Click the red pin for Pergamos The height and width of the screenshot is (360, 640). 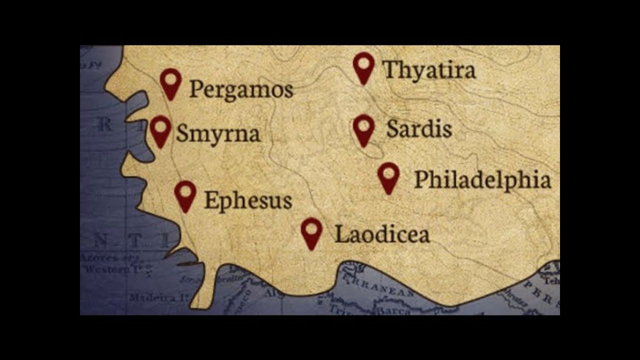pyautogui.click(x=170, y=81)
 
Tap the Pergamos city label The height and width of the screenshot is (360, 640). pyautogui.click(x=241, y=90)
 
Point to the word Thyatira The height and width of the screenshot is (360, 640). pyautogui.click(x=429, y=70)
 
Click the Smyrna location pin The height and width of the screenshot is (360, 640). pyautogui.click(x=160, y=129)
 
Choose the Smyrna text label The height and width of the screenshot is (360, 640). pyautogui.click(x=218, y=133)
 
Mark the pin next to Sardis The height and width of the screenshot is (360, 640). pyautogui.click(x=363, y=128)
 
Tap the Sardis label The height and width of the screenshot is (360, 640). pyautogui.click(x=419, y=129)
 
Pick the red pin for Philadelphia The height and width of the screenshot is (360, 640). pyautogui.click(x=388, y=175)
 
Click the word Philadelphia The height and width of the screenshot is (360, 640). pyautogui.click(x=482, y=179)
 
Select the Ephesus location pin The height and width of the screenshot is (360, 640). pyautogui.click(x=185, y=194)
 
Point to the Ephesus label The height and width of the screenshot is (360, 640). pyautogui.click(x=248, y=200)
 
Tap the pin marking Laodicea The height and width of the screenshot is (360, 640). pyautogui.click(x=312, y=231)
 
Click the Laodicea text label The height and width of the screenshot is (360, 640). pyautogui.click(x=382, y=233)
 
